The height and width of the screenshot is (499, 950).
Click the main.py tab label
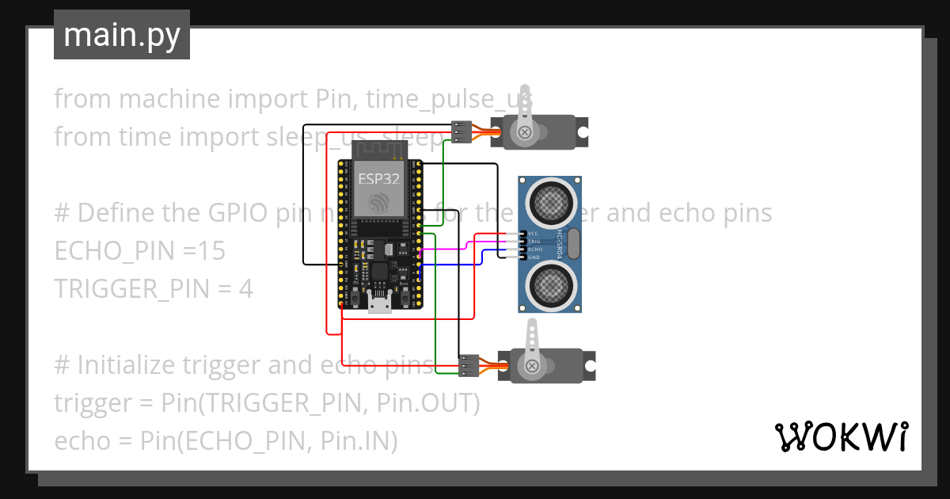pos(121,35)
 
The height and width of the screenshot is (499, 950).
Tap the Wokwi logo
pos(840,436)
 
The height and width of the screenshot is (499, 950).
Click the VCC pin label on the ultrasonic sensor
pos(533,234)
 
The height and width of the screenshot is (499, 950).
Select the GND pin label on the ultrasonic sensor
pos(533,257)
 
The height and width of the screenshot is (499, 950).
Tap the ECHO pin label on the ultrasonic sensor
pos(533,249)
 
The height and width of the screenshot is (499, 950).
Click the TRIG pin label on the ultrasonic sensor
pos(533,242)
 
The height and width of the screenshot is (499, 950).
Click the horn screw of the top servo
pos(525,132)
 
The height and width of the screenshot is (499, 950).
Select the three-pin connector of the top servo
pos(461,131)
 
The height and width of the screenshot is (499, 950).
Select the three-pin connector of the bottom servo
pos(469,365)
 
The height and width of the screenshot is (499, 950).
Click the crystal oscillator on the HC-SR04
pos(573,243)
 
